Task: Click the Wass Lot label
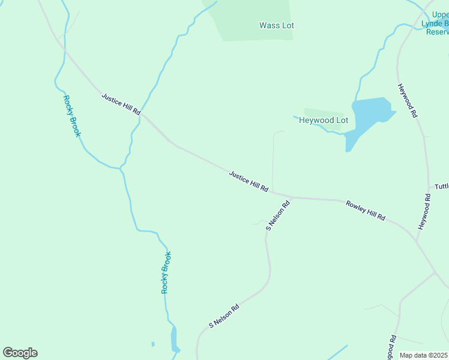(276, 26)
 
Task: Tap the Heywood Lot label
(324, 120)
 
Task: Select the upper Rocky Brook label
(71, 116)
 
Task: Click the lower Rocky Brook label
(166, 272)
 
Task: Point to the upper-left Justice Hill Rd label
(121, 104)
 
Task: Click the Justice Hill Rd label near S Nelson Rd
(249, 181)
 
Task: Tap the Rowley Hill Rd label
(365, 211)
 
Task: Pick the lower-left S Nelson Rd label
(224, 316)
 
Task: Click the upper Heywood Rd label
(407, 100)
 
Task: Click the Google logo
(20, 353)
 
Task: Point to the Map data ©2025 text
(424, 355)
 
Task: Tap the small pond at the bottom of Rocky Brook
(174, 340)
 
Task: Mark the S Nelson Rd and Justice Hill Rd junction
(291, 197)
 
